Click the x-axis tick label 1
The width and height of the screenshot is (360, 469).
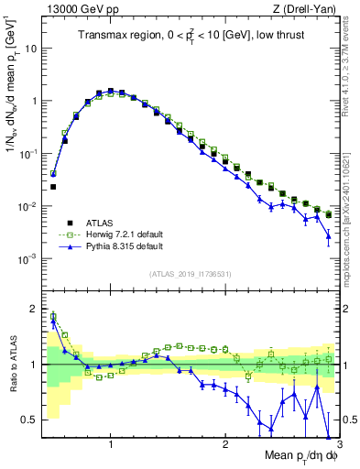[111, 444]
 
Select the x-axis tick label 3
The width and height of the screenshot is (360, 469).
[339, 444]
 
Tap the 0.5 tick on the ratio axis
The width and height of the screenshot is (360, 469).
[30, 420]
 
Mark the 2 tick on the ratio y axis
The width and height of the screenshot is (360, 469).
[34, 309]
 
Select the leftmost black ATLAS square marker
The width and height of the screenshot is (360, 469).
[53, 187]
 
